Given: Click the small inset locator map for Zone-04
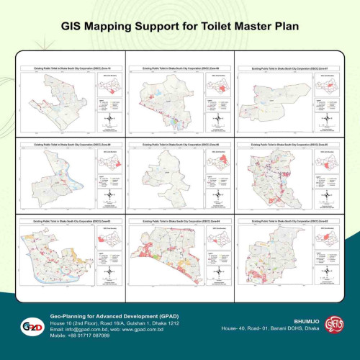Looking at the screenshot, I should point(216,237).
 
